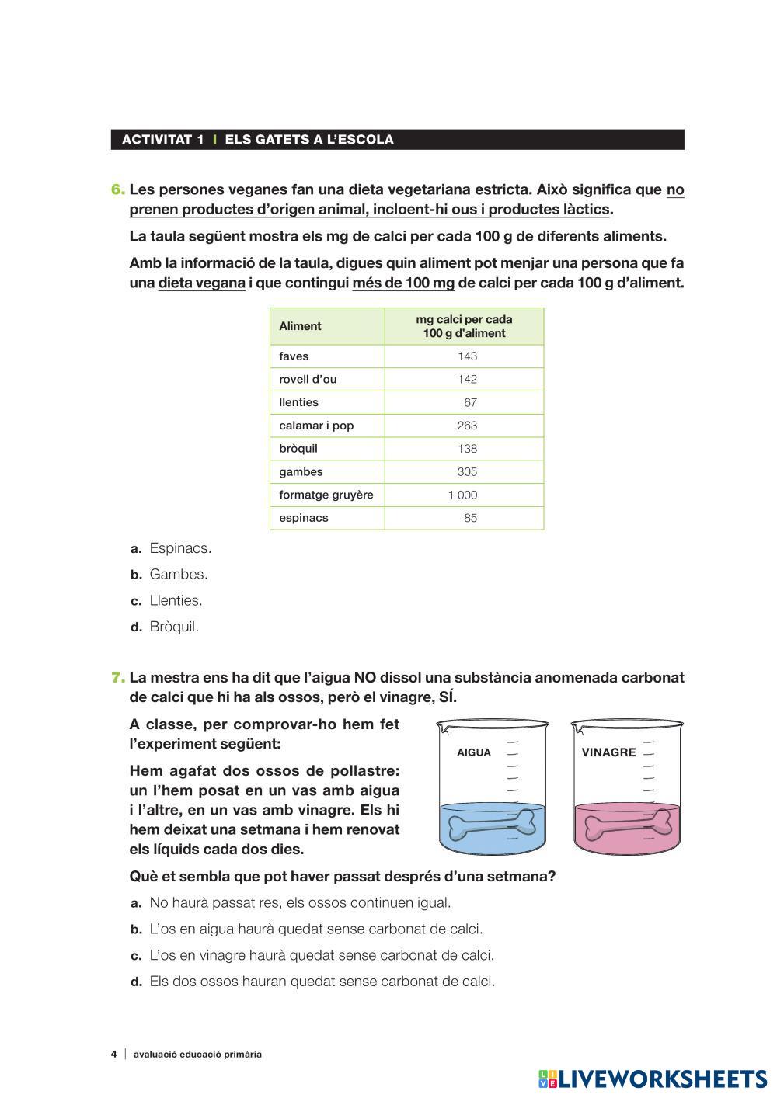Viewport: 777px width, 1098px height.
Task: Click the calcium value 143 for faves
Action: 467,356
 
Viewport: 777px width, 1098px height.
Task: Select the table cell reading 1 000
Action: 463,495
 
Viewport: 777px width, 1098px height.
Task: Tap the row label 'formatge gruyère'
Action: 326,495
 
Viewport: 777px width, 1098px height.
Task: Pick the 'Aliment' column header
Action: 300,326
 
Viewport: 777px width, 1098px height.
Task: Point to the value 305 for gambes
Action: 467,472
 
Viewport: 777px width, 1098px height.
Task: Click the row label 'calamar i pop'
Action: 316,426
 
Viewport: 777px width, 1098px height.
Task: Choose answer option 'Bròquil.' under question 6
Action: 174,627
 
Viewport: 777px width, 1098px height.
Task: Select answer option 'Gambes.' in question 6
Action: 178,575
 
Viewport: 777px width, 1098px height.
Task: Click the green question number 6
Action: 118,189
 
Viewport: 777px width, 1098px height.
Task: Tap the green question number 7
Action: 118,678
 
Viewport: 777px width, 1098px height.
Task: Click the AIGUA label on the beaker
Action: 474,752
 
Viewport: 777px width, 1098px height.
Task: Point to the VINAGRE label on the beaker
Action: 608,752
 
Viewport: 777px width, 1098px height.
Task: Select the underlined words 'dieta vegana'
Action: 202,283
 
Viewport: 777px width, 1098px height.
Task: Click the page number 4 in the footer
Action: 114,1055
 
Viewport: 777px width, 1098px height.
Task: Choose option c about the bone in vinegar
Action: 321,956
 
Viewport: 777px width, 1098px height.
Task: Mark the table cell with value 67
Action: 470,403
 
